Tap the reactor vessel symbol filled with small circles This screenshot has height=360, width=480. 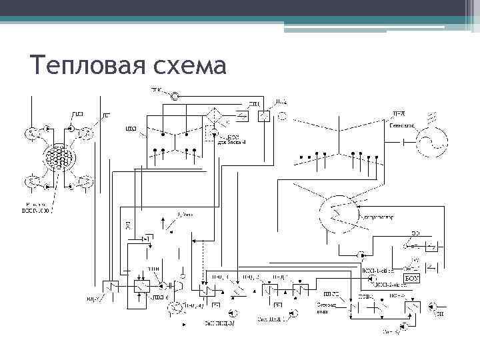tap(58, 158)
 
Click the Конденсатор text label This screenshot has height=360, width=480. tap(379, 217)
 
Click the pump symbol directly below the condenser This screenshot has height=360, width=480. tap(360, 255)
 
